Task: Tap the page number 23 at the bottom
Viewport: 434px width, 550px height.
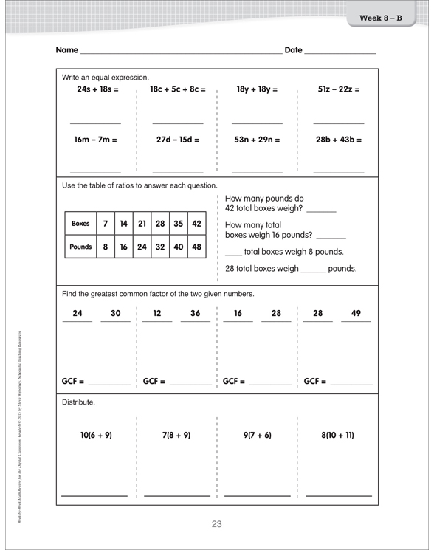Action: pos(216,524)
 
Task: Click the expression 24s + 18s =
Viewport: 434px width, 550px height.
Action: pos(98,89)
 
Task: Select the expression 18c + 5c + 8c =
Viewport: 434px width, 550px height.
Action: pos(177,89)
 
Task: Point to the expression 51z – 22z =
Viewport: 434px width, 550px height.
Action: pos(339,89)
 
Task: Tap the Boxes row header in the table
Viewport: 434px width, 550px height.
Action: pos(80,223)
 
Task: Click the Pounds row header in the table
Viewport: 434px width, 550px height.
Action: pos(80,247)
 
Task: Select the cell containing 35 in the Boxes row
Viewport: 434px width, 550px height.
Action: pos(178,223)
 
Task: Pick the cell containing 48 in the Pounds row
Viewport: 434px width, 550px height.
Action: pos(196,247)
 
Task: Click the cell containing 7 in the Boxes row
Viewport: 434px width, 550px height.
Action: pos(106,223)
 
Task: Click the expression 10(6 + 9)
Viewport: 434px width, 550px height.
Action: pos(96,436)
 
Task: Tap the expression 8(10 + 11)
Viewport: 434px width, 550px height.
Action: pos(338,436)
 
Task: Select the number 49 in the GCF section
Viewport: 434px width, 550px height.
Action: pos(356,313)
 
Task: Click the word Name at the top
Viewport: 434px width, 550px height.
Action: pos(66,50)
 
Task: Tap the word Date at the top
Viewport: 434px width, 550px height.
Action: pos(293,50)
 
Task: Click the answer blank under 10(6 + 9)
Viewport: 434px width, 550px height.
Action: pos(94,494)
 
